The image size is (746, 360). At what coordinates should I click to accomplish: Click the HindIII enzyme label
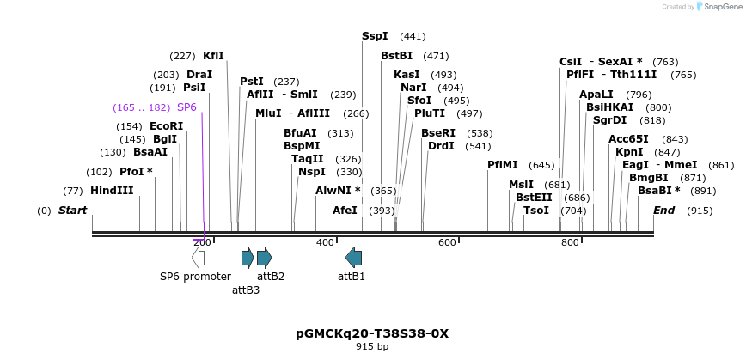(112, 191)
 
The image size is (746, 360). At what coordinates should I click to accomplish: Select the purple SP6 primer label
(186, 107)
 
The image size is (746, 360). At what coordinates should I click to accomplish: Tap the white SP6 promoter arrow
(198, 257)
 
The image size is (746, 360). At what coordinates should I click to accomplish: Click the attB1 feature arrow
(353, 257)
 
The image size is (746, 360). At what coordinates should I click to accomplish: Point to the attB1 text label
(352, 277)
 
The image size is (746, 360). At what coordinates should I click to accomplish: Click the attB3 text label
(246, 290)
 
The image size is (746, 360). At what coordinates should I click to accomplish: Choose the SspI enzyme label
(375, 36)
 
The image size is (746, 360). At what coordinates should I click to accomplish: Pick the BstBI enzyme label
(397, 56)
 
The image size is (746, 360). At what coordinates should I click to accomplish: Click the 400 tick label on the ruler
(325, 243)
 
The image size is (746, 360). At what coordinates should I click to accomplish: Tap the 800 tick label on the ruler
(570, 243)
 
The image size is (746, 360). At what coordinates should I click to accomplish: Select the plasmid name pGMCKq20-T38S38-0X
(372, 333)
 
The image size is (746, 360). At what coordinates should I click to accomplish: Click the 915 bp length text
(372, 347)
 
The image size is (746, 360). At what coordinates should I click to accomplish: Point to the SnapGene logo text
(720, 7)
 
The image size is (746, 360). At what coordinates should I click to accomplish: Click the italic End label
(663, 211)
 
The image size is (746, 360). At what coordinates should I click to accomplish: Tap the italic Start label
(73, 211)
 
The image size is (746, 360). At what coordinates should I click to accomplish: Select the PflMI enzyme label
(503, 165)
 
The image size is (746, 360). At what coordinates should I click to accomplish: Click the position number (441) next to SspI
(413, 36)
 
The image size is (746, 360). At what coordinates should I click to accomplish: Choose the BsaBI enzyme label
(658, 191)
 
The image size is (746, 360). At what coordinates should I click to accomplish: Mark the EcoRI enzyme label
(167, 126)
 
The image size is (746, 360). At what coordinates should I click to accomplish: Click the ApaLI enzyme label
(596, 95)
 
